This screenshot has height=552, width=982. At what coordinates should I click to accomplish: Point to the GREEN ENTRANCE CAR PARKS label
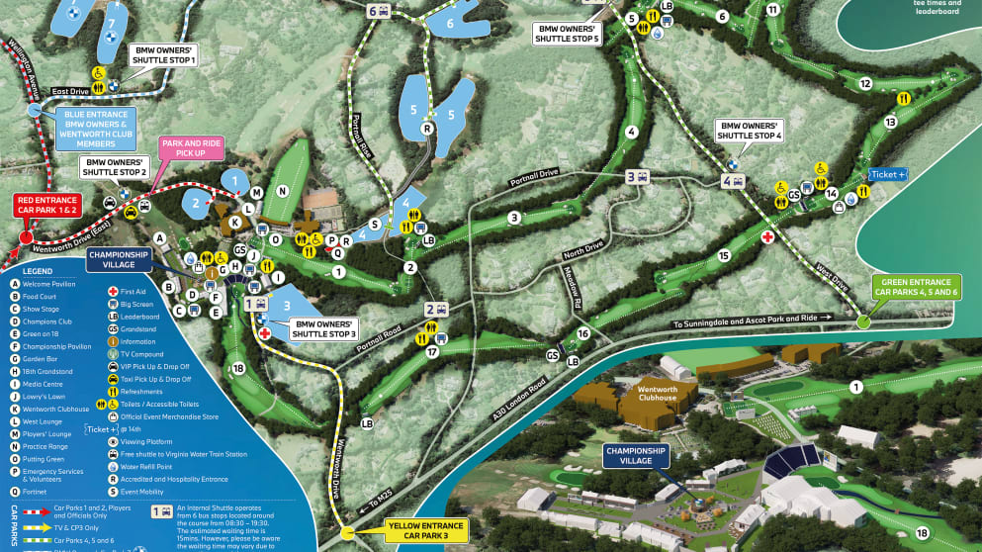point(915,287)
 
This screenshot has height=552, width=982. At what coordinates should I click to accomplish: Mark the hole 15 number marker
point(725,256)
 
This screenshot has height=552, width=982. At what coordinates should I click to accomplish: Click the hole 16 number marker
point(583,334)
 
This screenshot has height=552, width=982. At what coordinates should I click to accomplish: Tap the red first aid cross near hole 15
point(767,237)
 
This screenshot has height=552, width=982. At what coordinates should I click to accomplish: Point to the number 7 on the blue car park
point(112,22)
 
